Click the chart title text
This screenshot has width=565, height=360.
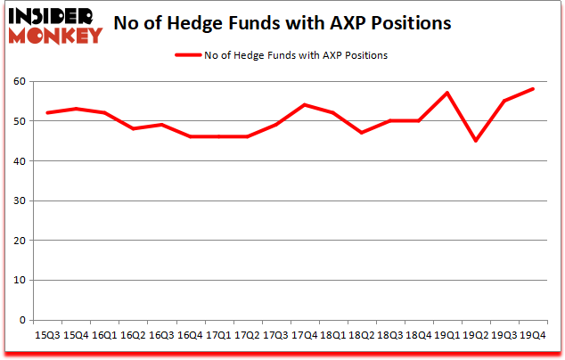coord(283,22)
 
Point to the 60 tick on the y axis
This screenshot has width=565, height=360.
coord(20,81)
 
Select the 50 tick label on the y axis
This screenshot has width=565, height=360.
coord(20,121)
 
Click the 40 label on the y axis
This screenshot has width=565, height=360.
coord(20,161)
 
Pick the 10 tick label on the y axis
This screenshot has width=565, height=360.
coord(20,281)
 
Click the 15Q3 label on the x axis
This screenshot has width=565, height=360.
coord(48,334)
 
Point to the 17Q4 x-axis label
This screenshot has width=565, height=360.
coord(305,334)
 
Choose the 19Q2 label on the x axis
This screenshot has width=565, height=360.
coord(476,334)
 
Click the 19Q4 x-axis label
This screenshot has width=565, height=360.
coord(533,334)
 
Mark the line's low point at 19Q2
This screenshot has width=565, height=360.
coord(476,141)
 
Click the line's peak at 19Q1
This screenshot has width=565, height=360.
coord(447,93)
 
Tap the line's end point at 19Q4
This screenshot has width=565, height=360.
coord(533,89)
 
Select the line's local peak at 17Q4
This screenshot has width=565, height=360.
coord(305,105)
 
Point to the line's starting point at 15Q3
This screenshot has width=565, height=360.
coord(48,113)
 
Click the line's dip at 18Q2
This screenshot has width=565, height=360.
coord(362,133)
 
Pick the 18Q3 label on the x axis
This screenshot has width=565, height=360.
coord(390,334)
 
